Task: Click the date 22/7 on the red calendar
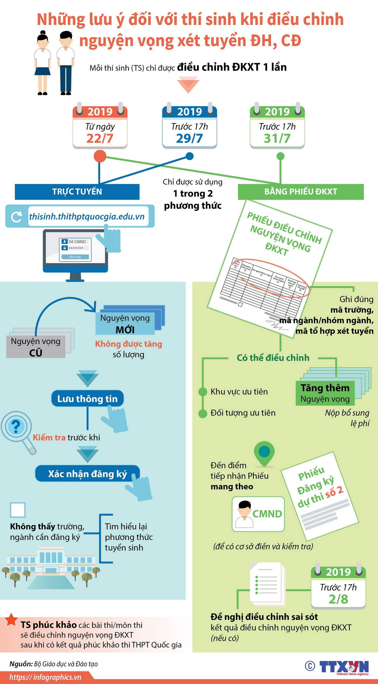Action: pos(100,138)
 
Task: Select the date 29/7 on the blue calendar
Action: pos(189,138)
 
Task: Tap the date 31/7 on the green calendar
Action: pos(277,138)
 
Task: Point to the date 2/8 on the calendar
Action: pos(338,599)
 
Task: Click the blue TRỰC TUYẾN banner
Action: pos(77,192)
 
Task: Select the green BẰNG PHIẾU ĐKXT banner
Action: pos(301,192)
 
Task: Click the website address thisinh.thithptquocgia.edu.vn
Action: pos(87,217)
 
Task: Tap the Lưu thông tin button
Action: pos(87,398)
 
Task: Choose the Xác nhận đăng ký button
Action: pos(87,474)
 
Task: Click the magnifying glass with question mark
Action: pos(16,427)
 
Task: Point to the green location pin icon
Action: pos(264,453)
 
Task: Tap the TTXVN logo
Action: pos(344,667)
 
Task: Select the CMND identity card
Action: pos(258,514)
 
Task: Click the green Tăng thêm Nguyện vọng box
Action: pos(325,393)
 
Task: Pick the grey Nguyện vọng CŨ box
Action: pos(36,347)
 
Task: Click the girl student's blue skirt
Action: pos(42,71)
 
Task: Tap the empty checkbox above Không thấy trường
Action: pos(18,510)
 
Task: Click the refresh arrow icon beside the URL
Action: pos(17,217)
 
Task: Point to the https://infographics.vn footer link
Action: pos(45,677)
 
